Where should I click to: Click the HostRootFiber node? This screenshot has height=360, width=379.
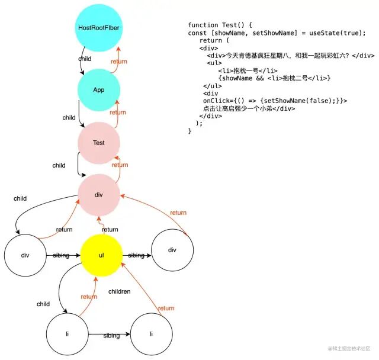tap(99, 28)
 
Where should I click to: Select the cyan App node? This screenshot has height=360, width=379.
tap(99, 90)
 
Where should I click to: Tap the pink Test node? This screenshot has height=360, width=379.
tap(99, 143)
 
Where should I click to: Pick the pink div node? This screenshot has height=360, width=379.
tap(99, 195)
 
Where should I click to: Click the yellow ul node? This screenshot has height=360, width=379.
tap(102, 255)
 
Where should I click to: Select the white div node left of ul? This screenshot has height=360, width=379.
tap(25, 255)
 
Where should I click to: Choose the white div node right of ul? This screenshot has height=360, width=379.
tap(172, 250)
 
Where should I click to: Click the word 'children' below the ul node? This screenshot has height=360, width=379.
tap(119, 291)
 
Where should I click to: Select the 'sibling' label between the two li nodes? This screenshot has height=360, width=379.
tap(111, 336)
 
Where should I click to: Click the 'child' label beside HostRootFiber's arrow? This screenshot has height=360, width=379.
tap(85, 59)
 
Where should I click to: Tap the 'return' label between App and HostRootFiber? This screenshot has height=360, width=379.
tap(118, 61)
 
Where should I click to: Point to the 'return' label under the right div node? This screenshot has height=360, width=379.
tap(178, 213)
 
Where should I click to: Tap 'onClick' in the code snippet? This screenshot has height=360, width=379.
tap(217, 101)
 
